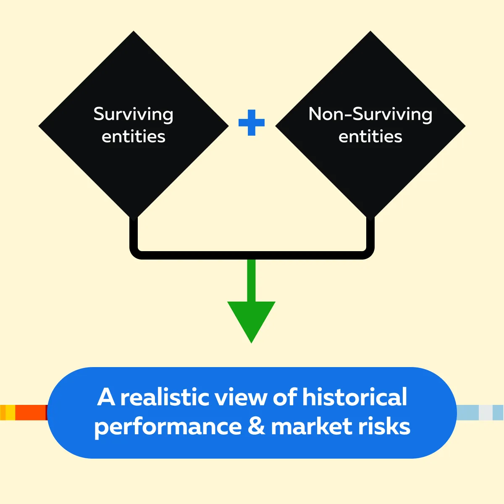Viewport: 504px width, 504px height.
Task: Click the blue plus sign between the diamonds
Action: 251,122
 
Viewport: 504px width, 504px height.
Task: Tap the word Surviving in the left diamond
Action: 134,114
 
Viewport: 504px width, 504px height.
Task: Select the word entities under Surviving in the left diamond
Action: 134,136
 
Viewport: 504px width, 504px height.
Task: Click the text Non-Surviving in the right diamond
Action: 370,114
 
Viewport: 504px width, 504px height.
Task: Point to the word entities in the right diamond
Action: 370,136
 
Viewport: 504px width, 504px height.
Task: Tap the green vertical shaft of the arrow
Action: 251,281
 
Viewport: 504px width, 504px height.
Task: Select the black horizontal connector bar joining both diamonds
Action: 252,255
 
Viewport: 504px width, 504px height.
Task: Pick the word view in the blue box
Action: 241,397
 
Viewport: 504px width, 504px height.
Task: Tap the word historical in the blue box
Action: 354,397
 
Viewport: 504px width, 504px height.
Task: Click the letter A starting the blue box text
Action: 106,397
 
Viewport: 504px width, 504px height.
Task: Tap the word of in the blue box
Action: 285,397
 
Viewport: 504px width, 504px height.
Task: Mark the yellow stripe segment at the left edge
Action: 10,412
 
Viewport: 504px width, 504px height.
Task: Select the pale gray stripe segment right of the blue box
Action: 486,412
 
